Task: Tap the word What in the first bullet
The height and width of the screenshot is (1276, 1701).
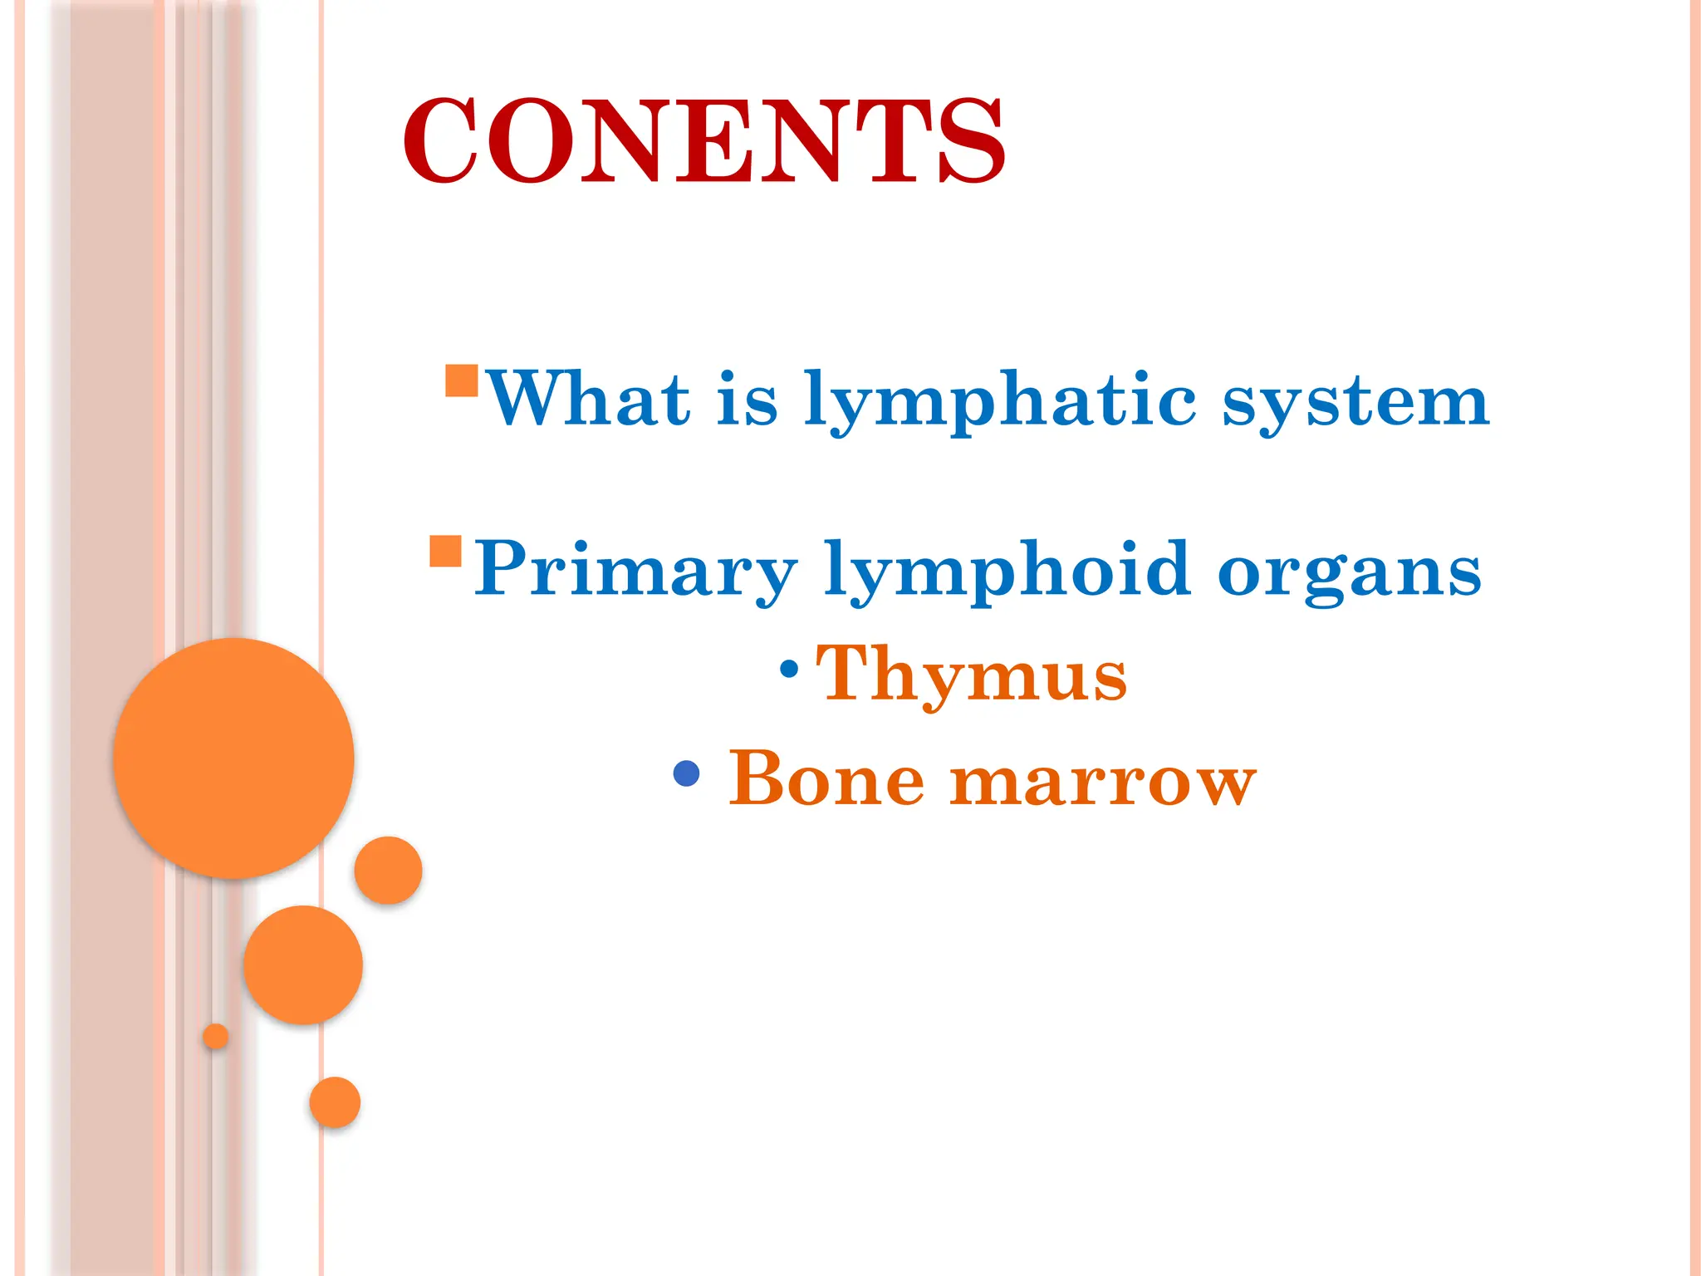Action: click(x=588, y=400)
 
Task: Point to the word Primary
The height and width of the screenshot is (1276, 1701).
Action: click(x=635, y=571)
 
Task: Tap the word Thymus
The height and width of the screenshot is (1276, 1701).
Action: click(x=972, y=675)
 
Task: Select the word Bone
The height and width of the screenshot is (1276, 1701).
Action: click(x=826, y=778)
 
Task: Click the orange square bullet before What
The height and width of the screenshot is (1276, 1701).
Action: click(x=462, y=380)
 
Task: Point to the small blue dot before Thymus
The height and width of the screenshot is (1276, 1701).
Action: click(x=790, y=667)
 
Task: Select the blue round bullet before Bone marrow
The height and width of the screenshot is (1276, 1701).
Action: click(x=686, y=773)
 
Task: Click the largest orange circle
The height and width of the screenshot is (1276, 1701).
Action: click(x=233, y=758)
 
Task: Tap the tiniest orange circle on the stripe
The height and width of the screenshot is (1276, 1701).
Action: click(x=215, y=1036)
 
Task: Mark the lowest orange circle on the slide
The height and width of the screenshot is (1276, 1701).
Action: click(x=335, y=1102)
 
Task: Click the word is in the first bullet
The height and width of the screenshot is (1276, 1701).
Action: click(x=748, y=400)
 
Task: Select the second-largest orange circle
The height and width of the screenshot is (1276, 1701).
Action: click(x=303, y=964)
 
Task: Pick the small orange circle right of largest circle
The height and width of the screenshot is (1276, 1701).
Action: click(x=388, y=870)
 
